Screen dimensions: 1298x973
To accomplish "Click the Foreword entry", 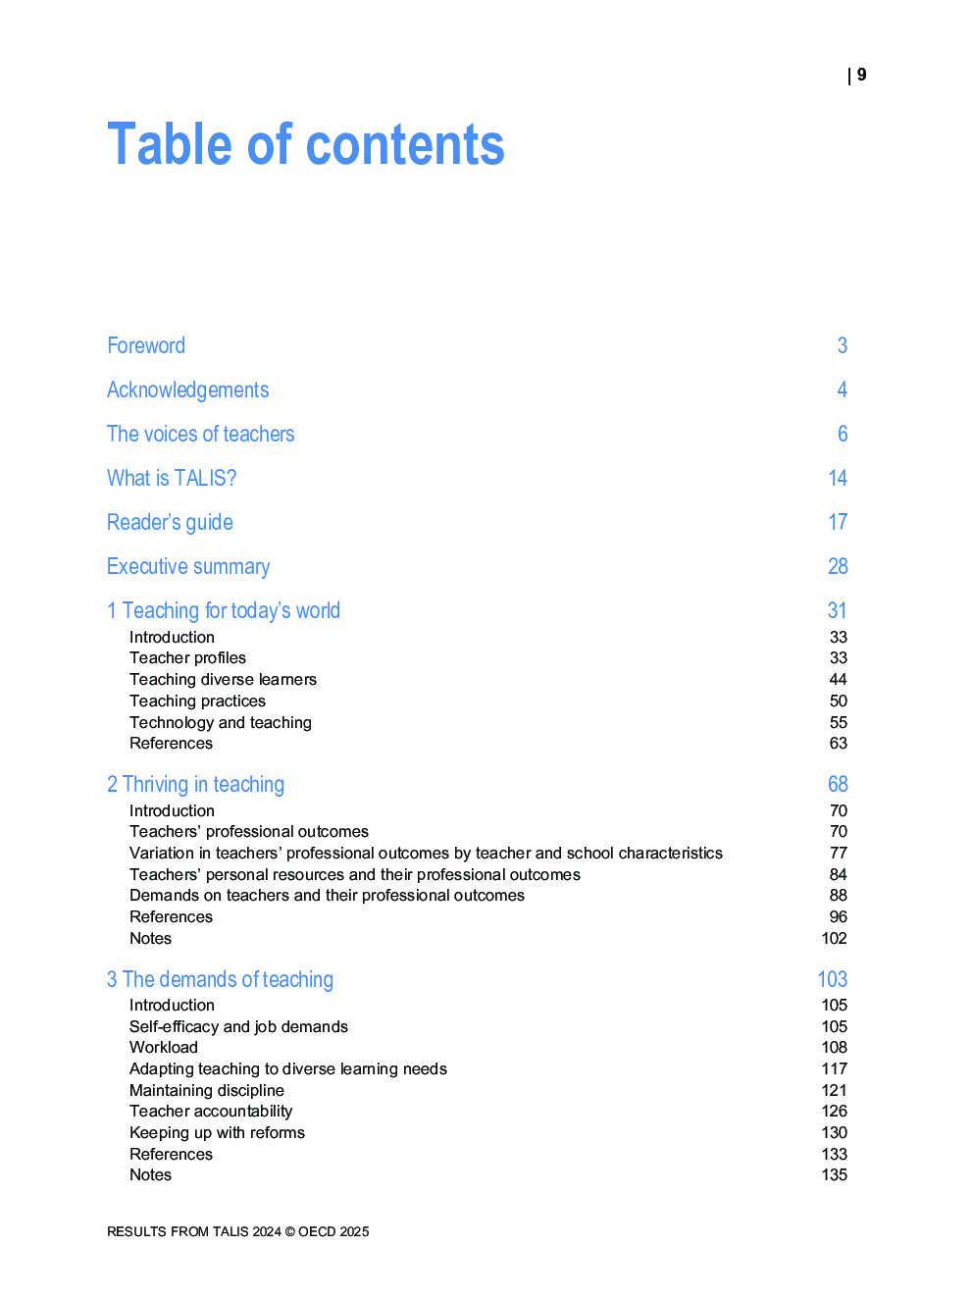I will [x=146, y=345].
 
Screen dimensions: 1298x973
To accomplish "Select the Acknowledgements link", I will [x=187, y=389].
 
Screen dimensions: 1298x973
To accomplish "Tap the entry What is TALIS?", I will [x=172, y=478].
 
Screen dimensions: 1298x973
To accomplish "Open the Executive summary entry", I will [x=188, y=566].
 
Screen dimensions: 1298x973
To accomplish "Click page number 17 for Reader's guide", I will [x=838, y=522].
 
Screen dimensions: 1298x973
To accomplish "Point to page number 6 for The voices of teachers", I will [x=842, y=434].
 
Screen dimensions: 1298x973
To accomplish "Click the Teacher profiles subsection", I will [x=187, y=657].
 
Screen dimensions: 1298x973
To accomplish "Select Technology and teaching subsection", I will [x=221, y=722].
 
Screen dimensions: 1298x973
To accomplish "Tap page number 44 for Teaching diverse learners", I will [x=838, y=679].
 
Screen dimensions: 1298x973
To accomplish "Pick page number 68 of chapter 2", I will [x=838, y=784].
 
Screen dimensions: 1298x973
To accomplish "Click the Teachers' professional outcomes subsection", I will [x=249, y=831].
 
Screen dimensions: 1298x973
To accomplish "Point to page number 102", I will [x=834, y=938].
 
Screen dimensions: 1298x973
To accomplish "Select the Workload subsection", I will [x=164, y=1047].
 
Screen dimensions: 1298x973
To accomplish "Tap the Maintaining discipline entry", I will [x=207, y=1090].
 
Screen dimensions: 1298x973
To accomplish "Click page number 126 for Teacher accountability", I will [x=834, y=1111].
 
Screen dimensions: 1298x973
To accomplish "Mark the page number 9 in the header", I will [x=861, y=75].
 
